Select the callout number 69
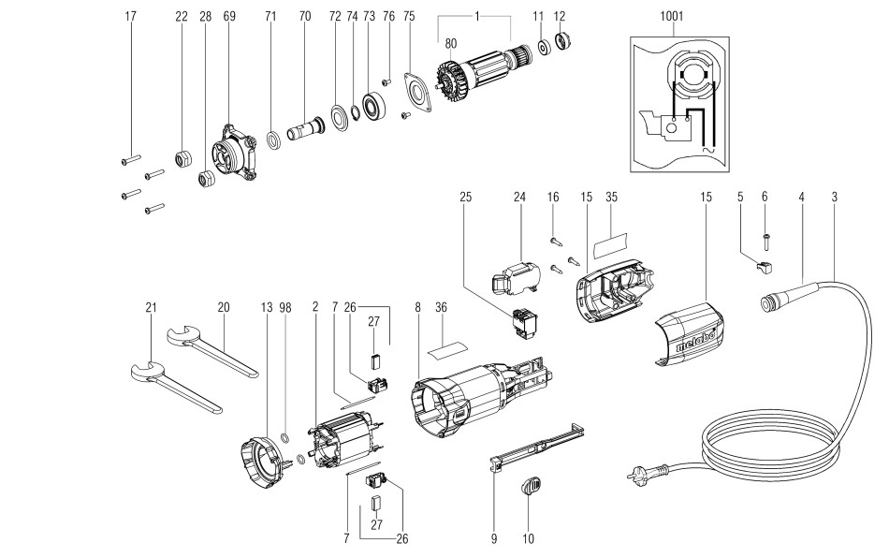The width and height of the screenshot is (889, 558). (229, 17)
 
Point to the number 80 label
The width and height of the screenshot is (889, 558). (450, 42)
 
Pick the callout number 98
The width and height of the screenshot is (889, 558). (285, 307)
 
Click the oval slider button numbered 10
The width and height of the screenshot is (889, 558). (531, 487)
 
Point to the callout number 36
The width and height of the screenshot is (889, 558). (441, 307)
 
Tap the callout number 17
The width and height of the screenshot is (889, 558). (130, 17)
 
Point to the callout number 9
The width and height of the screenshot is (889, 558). (495, 540)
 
